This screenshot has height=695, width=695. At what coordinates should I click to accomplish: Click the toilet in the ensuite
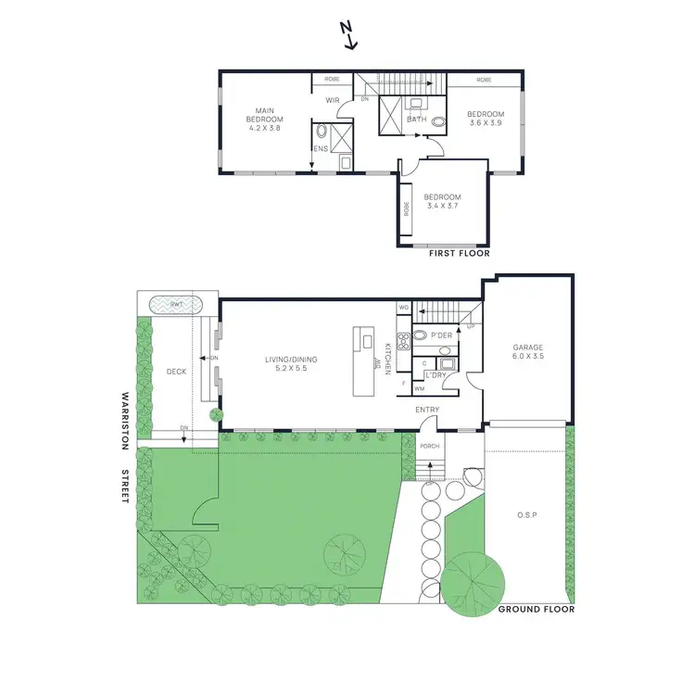(322, 132)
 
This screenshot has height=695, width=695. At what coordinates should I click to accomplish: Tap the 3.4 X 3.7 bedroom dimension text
(442, 207)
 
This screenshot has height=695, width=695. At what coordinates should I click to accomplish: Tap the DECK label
(176, 371)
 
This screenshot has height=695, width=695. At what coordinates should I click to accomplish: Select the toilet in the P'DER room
(420, 335)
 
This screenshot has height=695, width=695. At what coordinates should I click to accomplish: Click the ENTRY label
(427, 410)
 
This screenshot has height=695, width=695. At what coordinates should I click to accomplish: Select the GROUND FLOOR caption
(537, 610)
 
